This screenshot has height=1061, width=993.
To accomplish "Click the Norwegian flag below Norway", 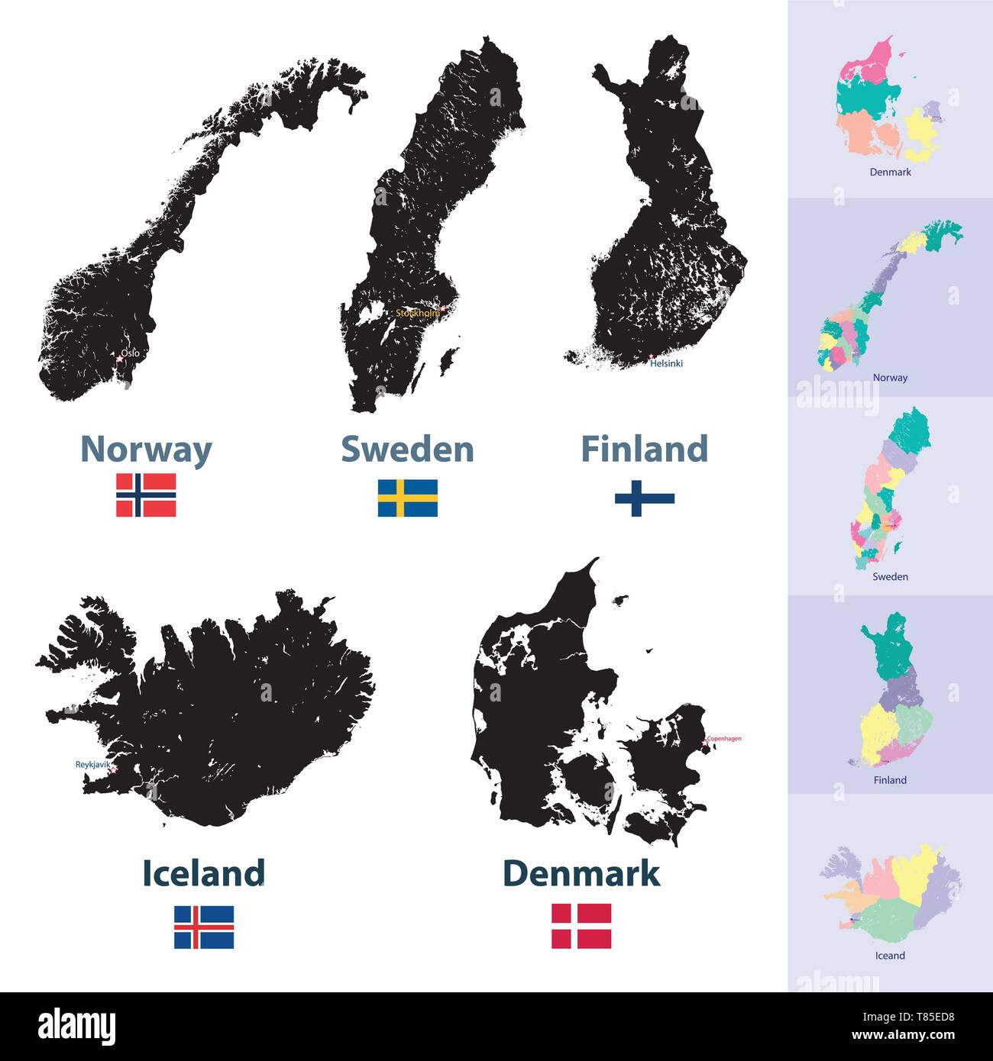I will [146, 495].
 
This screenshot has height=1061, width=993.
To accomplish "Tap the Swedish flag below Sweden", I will [407, 498].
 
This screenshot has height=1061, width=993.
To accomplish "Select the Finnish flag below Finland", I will [644, 498].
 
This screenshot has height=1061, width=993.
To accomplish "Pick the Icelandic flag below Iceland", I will [204, 926].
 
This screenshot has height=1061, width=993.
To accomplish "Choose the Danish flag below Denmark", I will [581, 925].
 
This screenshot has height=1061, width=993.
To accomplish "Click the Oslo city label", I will [131, 353].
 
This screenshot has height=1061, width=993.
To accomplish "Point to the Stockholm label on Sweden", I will [417, 313].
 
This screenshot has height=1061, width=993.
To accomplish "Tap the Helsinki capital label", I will [666, 364].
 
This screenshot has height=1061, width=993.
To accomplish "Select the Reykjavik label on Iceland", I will [92, 764].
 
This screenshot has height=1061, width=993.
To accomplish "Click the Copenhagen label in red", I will [723, 739].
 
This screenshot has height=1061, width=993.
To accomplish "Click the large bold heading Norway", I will [146, 450].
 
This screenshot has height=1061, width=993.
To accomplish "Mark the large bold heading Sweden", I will [407, 449].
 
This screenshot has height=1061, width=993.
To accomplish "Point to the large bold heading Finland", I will [644, 449].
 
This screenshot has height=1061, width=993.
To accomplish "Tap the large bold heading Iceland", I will [204, 873].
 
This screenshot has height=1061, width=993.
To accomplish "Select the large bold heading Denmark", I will [581, 873].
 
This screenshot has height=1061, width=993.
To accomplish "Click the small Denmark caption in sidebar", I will [890, 173].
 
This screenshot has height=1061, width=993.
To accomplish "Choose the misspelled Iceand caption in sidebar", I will [890, 956].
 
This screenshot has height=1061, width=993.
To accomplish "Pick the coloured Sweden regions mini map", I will [891, 489].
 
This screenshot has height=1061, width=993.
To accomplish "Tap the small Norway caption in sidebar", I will [890, 378].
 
